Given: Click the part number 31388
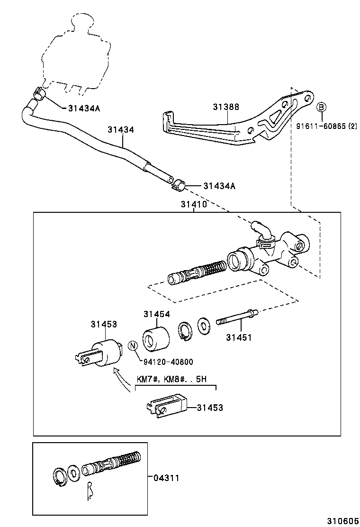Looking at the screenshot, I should tap(225, 108).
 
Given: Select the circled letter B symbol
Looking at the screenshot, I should tap(321, 107).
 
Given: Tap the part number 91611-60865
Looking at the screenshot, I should tap(322, 127).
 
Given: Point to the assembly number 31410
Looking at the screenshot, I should tap(193, 205).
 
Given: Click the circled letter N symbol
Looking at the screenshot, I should tap(134, 346).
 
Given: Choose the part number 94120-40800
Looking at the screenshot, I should tap(168, 362).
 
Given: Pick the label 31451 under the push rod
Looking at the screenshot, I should tap(239, 337).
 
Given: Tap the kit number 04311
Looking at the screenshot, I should tap(166, 478).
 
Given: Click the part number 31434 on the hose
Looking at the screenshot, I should tap(120, 129).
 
